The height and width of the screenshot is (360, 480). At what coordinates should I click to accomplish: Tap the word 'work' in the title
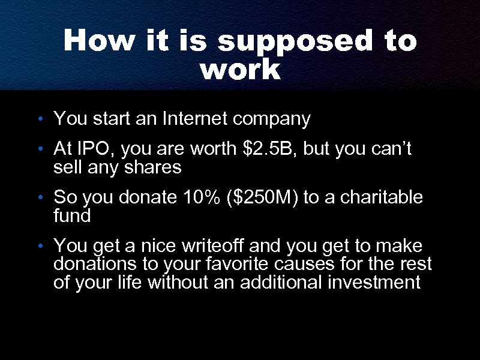(240, 70)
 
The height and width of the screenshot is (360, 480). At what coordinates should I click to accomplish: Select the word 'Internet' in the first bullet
(194, 119)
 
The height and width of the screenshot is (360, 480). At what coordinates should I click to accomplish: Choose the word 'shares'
(156, 167)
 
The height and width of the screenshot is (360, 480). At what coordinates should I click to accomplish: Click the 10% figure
(202, 197)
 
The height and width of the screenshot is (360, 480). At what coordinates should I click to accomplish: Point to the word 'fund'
(72, 215)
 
